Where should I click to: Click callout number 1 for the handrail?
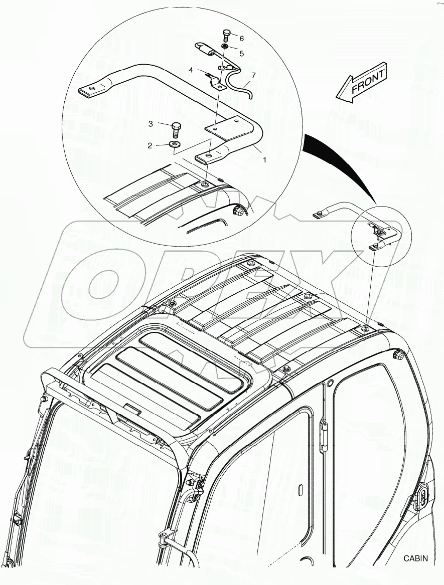coord(264,159)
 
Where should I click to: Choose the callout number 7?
coord(253,75)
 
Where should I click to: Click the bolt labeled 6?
coord(226,36)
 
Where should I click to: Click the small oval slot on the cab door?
coord(300,490)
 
